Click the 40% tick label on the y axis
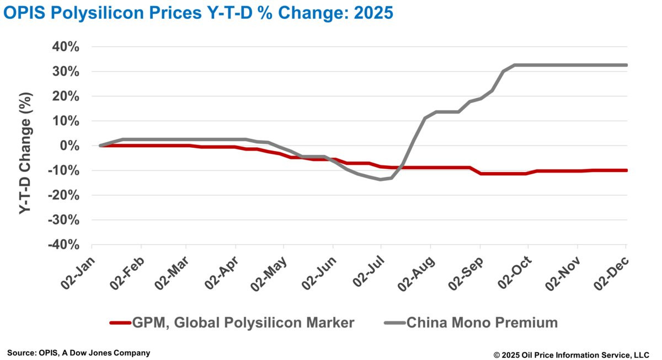66,47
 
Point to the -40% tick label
64,245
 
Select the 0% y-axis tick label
71,146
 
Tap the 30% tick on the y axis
66,72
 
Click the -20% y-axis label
64,195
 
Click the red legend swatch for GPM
120,323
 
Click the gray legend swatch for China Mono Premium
394,323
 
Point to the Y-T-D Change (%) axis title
25,146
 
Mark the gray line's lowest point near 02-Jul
381,179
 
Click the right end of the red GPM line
626,170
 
